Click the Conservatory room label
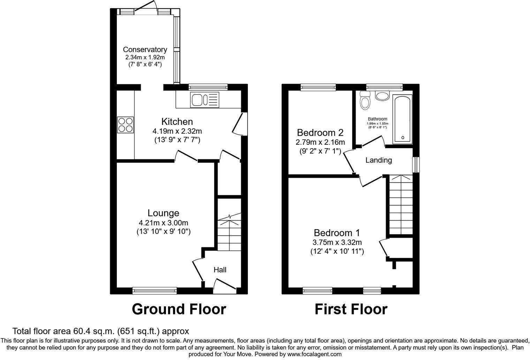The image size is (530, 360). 145,50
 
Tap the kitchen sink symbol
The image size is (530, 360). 204,99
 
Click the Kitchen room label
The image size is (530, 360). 177,122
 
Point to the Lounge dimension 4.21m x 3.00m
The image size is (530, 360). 164,223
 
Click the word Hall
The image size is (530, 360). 220,270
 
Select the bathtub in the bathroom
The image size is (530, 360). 403,119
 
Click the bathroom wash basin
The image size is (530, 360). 383,96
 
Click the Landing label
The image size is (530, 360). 378,160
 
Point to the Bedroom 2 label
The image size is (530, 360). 320,133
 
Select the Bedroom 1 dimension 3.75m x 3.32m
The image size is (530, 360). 337,242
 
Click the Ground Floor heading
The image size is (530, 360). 179,309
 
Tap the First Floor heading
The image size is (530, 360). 351,309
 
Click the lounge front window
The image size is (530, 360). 155,290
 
